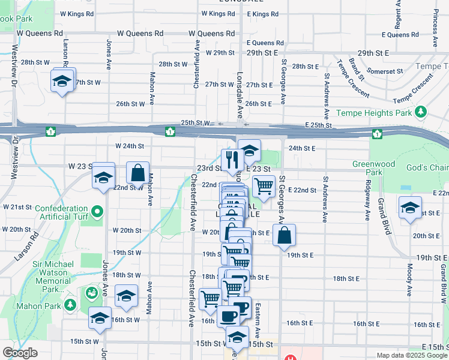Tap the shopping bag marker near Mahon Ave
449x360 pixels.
tap(138, 173)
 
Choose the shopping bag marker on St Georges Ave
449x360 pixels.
tap(285, 235)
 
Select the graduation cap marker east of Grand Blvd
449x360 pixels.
tap(410, 208)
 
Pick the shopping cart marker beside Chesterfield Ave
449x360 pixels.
tap(211, 298)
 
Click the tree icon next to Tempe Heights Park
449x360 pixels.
tap(421, 112)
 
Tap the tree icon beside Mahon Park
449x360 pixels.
tap(70, 305)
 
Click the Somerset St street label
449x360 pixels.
tap(385, 71)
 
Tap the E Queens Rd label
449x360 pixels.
tap(264, 43)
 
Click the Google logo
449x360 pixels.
tap(20, 353)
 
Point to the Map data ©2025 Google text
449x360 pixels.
tap(411, 355)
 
